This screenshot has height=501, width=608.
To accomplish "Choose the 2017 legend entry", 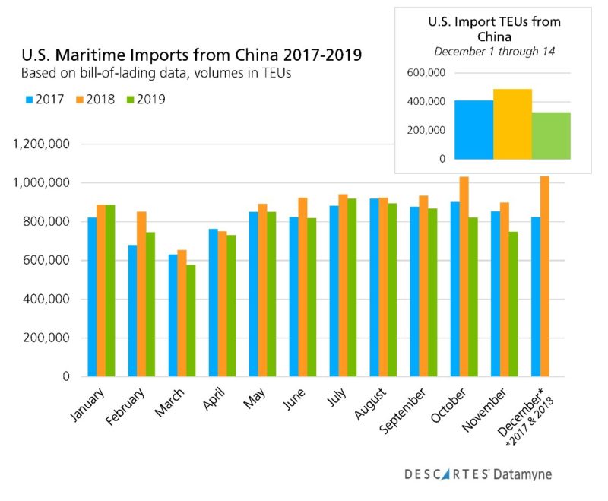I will pyautogui.click(x=45, y=100).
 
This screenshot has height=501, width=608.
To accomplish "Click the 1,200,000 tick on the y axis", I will pyautogui.click(x=39, y=144).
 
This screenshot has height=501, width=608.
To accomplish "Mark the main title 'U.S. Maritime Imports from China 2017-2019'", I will pyautogui.click(x=186, y=55).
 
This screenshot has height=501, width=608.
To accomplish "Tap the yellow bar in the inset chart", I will pyautogui.click(x=512, y=124).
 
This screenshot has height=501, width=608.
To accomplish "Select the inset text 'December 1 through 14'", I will pyautogui.click(x=494, y=52).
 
